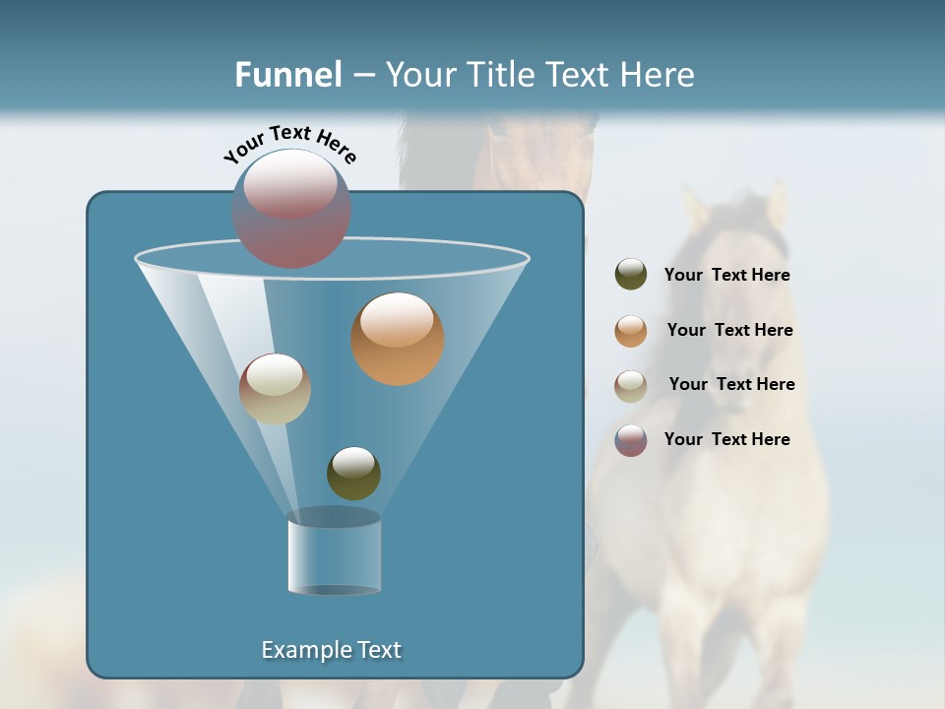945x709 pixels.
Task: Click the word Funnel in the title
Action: click(x=288, y=75)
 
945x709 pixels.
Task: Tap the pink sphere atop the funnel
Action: click(x=290, y=208)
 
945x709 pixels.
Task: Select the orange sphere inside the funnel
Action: click(x=397, y=338)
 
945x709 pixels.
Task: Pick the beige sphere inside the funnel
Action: click(x=275, y=388)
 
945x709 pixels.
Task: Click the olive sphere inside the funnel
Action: click(x=353, y=473)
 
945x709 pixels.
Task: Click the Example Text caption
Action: click(x=331, y=650)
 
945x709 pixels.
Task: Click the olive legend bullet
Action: click(x=631, y=275)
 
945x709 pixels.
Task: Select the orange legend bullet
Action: click(x=631, y=330)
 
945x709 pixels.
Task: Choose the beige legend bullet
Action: click(x=631, y=385)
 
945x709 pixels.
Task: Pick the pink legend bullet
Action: click(x=631, y=440)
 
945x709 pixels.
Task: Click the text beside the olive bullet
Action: click(x=726, y=276)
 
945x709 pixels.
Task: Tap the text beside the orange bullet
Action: click(x=729, y=331)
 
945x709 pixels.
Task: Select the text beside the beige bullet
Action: click(x=731, y=385)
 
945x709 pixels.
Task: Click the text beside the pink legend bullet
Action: click(x=726, y=440)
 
